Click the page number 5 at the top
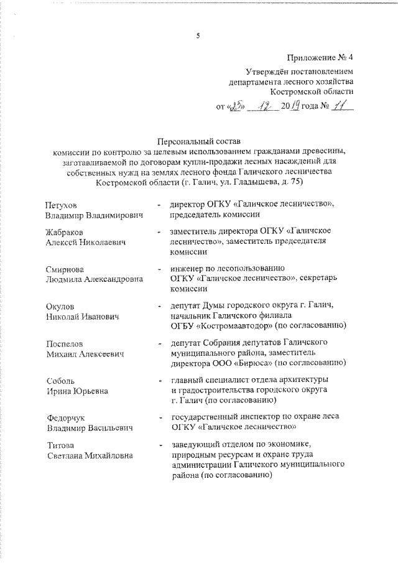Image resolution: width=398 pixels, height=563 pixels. pyautogui.click(x=198, y=35)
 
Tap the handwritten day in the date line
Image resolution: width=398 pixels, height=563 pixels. pyautogui.click(x=236, y=106)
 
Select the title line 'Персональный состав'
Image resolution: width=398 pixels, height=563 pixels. pyautogui.click(x=198, y=142)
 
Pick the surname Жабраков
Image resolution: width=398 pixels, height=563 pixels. pyautogui.click(x=65, y=231)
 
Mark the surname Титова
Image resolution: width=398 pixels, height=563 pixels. pyautogui.click(x=60, y=445)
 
